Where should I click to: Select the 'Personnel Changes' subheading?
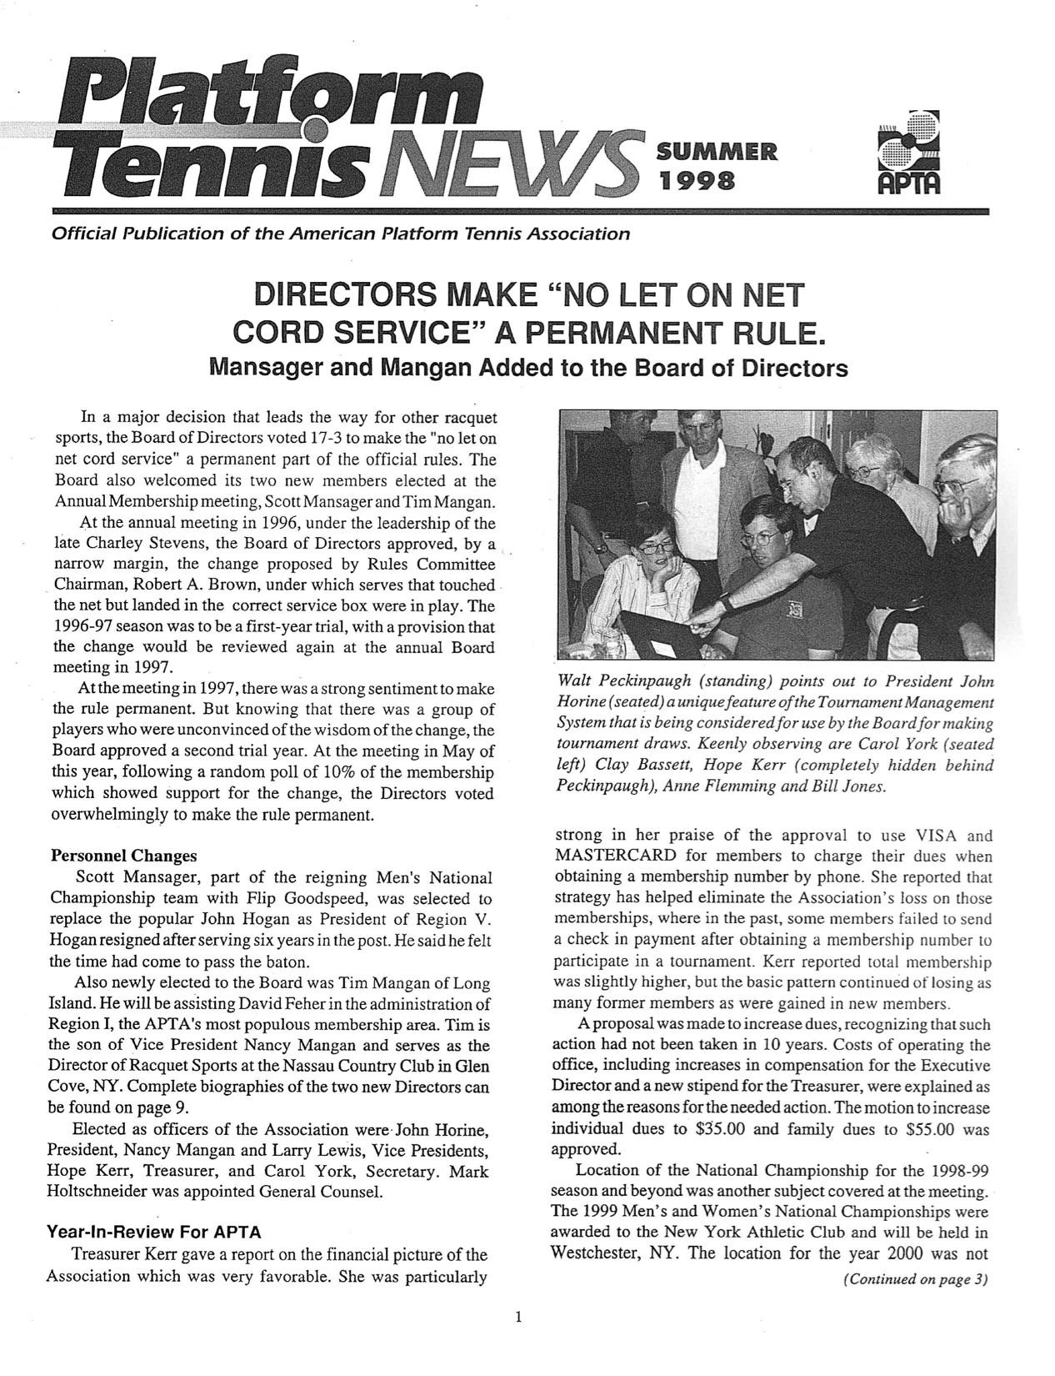(x=124, y=856)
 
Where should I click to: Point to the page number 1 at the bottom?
(x=518, y=1340)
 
